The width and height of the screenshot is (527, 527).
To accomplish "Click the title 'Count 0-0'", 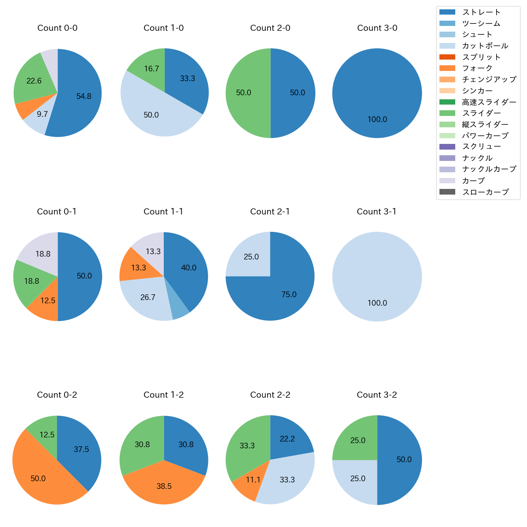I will (x=58, y=28).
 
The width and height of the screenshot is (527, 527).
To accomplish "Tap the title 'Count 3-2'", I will (x=377, y=395).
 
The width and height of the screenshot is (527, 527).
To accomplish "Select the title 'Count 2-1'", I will (x=270, y=212).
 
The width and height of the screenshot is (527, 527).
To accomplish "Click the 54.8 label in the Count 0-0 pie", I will (x=84, y=96).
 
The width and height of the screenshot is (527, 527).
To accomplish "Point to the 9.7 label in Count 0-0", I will (x=42, y=114).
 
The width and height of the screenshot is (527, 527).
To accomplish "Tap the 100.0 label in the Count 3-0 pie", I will (x=377, y=120).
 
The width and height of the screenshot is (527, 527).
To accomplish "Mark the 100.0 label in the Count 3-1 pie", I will (x=377, y=303).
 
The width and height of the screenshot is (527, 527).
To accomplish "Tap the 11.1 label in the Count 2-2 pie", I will (x=253, y=480).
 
